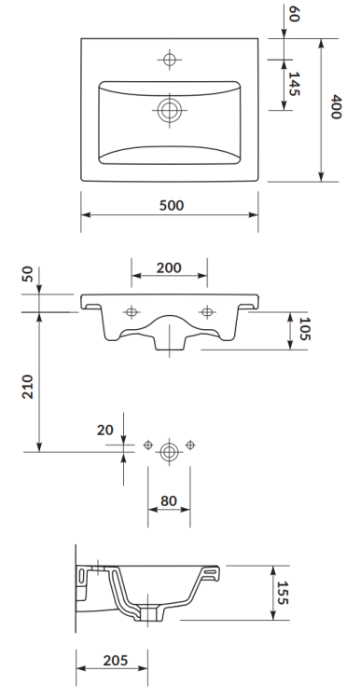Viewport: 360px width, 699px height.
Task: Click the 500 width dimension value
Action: (170, 206)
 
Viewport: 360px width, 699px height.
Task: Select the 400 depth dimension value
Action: (337, 111)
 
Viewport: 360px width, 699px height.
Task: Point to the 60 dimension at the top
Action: (295, 15)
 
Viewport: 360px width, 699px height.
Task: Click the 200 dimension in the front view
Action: (169, 267)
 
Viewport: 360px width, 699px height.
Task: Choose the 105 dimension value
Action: (304, 330)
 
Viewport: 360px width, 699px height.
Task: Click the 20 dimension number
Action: (104, 431)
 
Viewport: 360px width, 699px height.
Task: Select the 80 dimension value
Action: (169, 500)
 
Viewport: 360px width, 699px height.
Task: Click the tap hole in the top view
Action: (169, 61)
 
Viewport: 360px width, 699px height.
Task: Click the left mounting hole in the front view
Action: (132, 310)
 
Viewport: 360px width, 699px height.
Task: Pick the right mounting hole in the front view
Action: (206, 310)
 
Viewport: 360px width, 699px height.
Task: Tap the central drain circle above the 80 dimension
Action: (169, 451)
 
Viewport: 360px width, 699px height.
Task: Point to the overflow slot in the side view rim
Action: (212, 567)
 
